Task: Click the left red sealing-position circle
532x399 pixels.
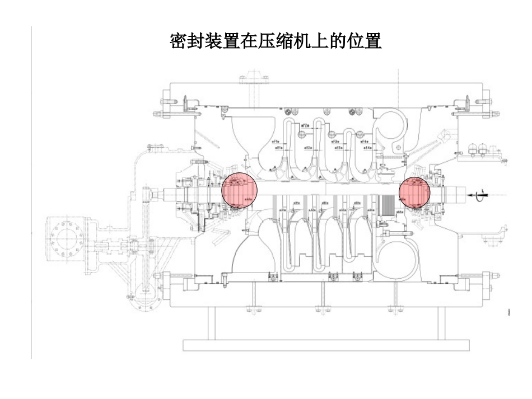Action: coord(239,190)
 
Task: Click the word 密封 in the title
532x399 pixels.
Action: coord(188,41)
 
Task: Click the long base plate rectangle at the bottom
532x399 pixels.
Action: coord(326,345)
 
